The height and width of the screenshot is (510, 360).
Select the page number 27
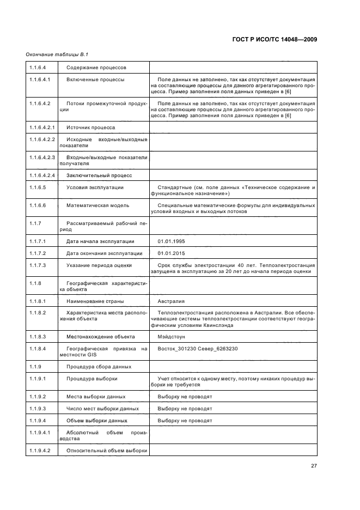[x=314, y=466]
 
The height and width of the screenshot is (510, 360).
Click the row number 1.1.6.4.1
[x=40, y=80]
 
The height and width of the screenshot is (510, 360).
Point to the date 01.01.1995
[x=172, y=240]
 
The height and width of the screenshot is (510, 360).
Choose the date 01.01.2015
[x=172, y=253]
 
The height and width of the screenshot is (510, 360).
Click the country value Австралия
[x=170, y=301]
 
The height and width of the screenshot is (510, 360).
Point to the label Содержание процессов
[x=96, y=68]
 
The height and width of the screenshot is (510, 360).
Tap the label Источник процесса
[x=90, y=127]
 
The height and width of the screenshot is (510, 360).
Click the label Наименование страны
[x=95, y=301]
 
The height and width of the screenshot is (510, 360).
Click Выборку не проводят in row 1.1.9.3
[x=185, y=408]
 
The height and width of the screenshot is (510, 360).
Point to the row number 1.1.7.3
[x=38, y=265]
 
